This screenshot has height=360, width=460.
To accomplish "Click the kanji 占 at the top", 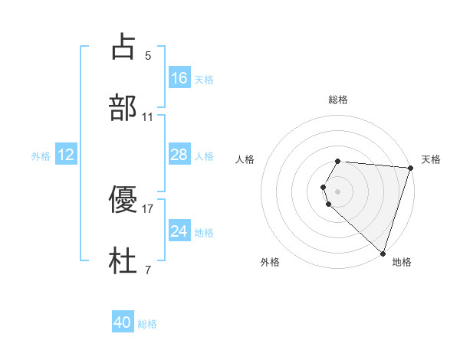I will [x=123, y=47].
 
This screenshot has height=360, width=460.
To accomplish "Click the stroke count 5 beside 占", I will [x=148, y=55].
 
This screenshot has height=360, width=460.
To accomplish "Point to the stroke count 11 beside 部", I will [x=148, y=117].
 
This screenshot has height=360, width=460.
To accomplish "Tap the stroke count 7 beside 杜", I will [x=148, y=270].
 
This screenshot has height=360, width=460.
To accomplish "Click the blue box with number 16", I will [x=179, y=77].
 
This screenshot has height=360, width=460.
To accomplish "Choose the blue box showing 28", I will [x=179, y=155].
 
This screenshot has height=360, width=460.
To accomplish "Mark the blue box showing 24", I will [x=179, y=231].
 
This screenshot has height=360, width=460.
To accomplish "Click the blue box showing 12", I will [x=66, y=155].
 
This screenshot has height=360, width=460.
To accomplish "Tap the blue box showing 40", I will [x=123, y=322].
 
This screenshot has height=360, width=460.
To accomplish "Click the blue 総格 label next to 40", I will [x=147, y=324].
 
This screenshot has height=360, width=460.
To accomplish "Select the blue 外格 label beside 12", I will [x=41, y=156].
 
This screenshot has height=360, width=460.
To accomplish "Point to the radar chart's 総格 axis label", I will [x=338, y=100].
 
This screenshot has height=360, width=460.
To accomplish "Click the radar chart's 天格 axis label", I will [x=431, y=159].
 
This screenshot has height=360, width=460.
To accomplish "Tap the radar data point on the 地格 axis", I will [x=383, y=253].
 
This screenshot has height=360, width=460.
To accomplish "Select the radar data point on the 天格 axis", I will [x=410, y=168].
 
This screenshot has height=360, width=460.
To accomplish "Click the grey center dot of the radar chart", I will [x=338, y=191].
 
